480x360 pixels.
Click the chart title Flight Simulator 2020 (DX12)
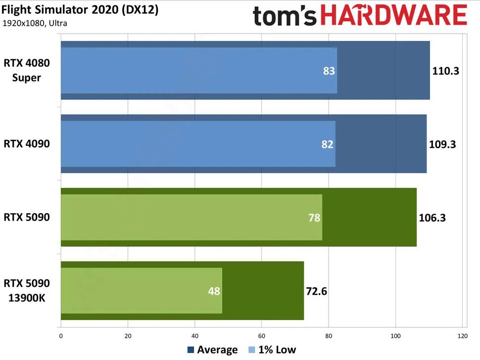80,10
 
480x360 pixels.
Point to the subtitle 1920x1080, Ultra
35,23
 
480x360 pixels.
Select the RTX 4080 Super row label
27,70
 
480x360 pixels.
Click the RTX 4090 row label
27,144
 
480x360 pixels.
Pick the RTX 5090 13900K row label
27,291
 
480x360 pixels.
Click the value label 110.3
446,71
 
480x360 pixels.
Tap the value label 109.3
442,144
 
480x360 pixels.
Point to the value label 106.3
432,218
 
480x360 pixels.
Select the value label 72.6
317,291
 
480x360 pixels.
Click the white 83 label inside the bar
329,71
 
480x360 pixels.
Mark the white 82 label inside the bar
327,144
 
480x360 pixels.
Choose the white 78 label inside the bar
314,218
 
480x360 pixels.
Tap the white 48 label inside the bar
214,291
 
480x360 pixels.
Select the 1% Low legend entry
272,350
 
